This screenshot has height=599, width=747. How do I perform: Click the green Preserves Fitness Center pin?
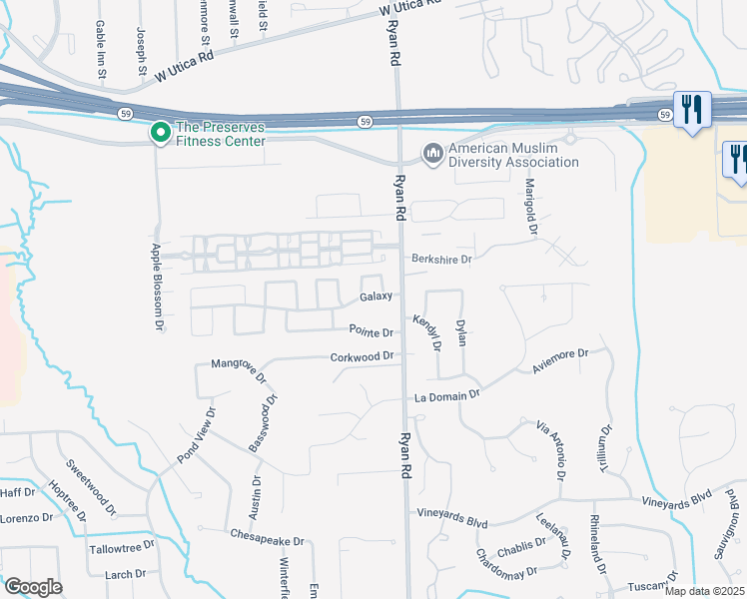(159, 132)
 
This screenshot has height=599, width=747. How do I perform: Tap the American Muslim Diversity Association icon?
(432, 153)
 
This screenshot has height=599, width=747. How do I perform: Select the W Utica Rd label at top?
(410, 9)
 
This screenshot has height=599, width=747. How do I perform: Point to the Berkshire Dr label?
(441, 259)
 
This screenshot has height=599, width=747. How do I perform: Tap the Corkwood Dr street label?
(365, 356)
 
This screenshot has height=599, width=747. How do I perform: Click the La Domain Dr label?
(448, 396)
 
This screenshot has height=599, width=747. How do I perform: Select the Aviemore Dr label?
(561, 361)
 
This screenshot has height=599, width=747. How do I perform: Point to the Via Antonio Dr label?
(550, 446)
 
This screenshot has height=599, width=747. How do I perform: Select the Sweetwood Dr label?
(90, 484)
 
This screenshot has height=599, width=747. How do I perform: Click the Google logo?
(32, 587)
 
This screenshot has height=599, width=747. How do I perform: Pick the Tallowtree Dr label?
(122, 547)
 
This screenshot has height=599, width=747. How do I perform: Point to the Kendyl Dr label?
(427, 332)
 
